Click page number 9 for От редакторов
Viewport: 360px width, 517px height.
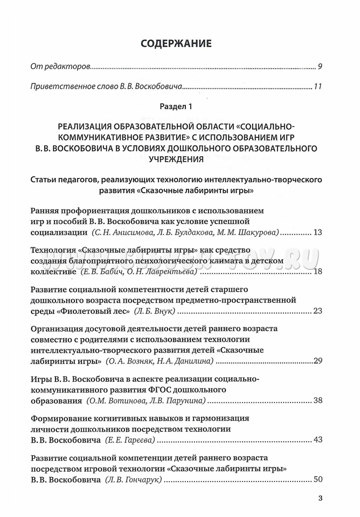pos(320,67)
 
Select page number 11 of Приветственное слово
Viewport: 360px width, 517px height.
pos(317,86)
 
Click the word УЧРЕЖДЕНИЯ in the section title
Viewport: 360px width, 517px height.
pos(179,159)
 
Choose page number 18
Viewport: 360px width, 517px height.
pos(317,271)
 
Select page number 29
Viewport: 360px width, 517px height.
pos(317,360)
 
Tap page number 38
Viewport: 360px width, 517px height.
pos(317,400)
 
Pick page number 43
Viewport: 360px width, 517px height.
pos(317,439)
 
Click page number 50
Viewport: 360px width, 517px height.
pos(317,479)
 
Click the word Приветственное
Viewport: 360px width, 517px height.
pos(60,86)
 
